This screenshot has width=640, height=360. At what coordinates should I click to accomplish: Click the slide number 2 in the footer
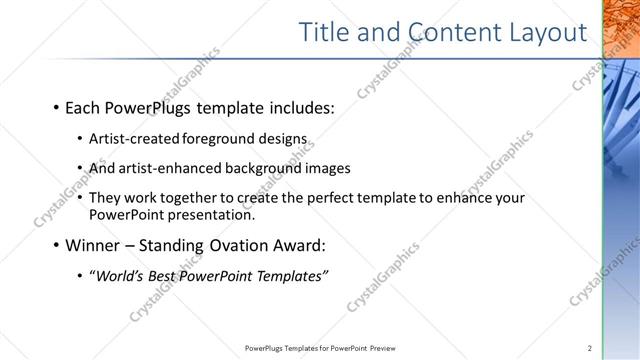coord(590,348)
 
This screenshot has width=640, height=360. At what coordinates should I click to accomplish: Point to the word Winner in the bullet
coord(94,245)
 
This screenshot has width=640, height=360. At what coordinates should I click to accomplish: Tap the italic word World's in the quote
coord(121,275)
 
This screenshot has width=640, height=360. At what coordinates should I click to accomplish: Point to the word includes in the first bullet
coord(301,107)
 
